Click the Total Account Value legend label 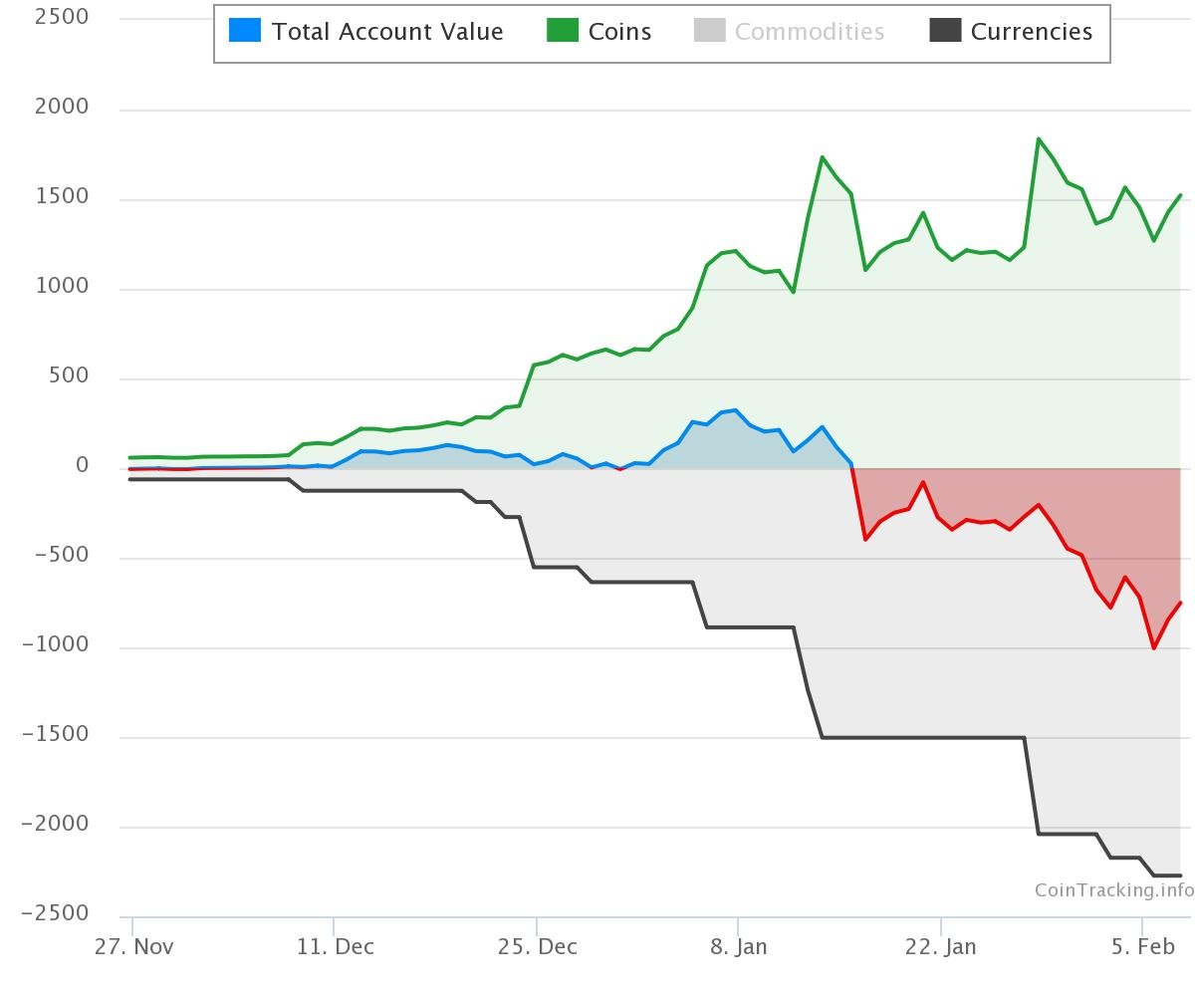coord(387,32)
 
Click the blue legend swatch coord(244,30)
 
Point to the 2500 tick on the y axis coord(61,17)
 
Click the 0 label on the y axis coord(82,465)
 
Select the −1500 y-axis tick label coord(55,733)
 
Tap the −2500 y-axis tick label coord(55,912)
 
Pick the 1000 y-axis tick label coord(62,286)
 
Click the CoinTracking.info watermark coord(1113,890)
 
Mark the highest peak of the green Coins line coord(1039,138)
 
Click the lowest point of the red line coord(1154,648)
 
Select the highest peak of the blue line coord(736,409)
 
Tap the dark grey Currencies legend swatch coord(945,30)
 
